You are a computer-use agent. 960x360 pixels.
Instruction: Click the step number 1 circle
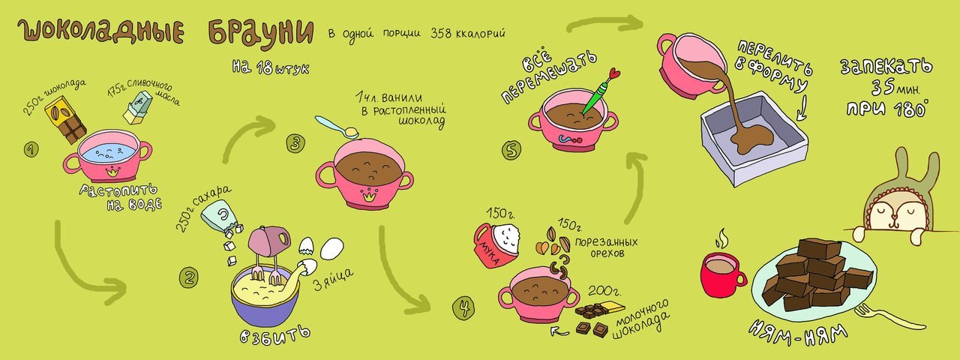(x=31, y=150)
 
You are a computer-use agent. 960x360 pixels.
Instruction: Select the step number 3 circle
(x=295, y=142)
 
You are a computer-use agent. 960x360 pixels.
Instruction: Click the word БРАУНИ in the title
(x=258, y=32)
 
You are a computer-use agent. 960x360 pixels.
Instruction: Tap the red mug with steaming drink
(x=721, y=275)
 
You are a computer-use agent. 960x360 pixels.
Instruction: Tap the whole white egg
(x=331, y=248)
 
